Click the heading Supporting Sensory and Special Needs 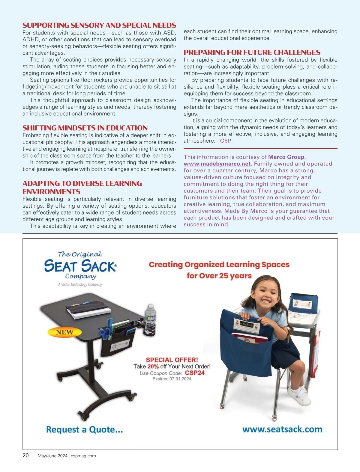tap(99, 25)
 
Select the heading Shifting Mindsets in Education tap(85, 128)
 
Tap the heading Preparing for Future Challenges tap(252, 52)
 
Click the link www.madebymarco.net tap(217, 164)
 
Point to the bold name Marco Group tap(286, 157)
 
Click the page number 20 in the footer tap(26, 456)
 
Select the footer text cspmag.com tap(83, 456)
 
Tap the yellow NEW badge tap(64, 332)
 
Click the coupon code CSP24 tap(195, 373)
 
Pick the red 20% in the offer tap(153, 366)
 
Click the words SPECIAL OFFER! tap(172, 360)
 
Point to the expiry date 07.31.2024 tap(180, 379)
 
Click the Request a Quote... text tap(84, 429)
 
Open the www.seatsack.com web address tap(282, 429)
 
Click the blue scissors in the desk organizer tap(105, 332)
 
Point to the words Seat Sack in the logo tap(80, 266)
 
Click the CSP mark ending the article tap(225, 141)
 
